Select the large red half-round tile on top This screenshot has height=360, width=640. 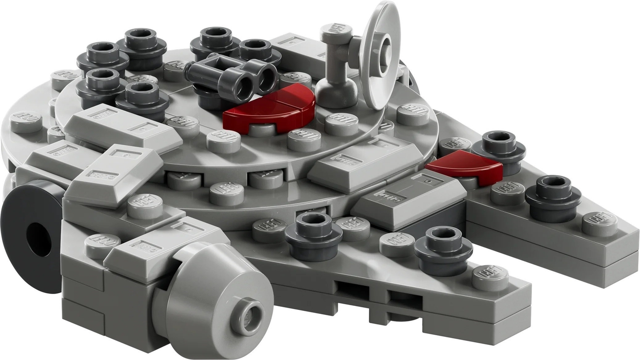[x=269, y=109]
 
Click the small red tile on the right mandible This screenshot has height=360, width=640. [x=465, y=166]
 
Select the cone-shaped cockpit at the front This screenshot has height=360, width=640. [x=217, y=299]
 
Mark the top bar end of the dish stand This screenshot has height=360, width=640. [x=337, y=33]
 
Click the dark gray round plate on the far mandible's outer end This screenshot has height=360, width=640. [x=553, y=197]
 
